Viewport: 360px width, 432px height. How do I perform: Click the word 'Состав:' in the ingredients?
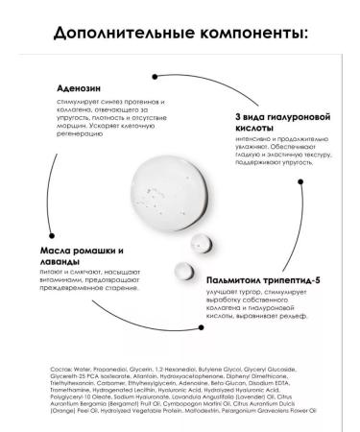(x=58, y=367)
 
